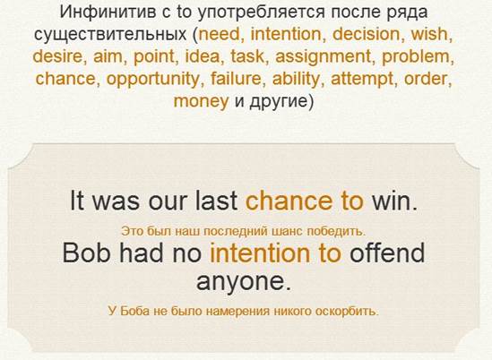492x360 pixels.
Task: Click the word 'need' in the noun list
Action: click(x=219, y=34)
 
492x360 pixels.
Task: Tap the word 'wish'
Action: click(x=429, y=34)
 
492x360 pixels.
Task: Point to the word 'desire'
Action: click(x=57, y=56)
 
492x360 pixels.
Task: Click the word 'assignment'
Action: click(x=324, y=57)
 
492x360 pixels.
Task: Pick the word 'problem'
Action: click(x=416, y=57)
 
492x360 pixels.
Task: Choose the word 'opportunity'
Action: click(x=153, y=80)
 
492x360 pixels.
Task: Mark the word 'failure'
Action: click(x=236, y=79)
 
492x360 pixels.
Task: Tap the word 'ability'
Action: click(x=296, y=80)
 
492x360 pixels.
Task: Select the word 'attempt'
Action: click(x=362, y=80)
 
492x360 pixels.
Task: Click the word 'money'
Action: click(x=201, y=102)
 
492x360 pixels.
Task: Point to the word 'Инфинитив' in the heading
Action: click(x=108, y=13)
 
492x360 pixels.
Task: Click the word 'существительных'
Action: click(x=110, y=35)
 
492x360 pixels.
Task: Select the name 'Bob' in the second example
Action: click(x=86, y=253)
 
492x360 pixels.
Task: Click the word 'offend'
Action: click(x=387, y=253)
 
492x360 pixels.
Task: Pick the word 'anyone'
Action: click(x=240, y=281)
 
